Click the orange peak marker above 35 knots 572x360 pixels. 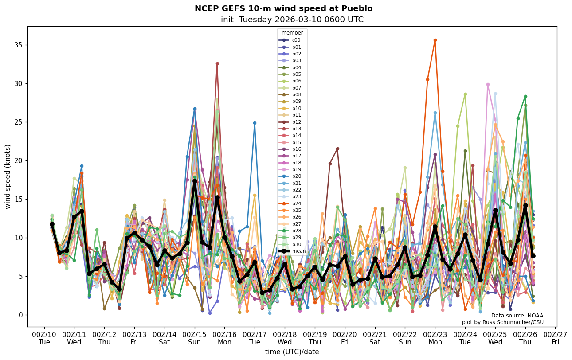435,40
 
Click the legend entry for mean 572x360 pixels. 298,251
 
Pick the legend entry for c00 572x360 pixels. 296,40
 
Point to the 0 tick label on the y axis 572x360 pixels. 20,315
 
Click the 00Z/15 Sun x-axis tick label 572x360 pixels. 195,338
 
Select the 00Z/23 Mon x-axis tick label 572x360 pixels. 435,338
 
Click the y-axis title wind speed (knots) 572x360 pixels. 8,176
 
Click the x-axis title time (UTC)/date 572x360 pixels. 292,352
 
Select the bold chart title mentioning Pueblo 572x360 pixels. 283,8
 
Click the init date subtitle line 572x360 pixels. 292,20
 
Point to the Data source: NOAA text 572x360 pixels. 517,316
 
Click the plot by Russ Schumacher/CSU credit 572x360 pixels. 502,322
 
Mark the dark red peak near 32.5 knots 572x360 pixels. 217,63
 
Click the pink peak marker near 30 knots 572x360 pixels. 488,84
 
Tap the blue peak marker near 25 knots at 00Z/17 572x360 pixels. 255,123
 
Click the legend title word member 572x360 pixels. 292,33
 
